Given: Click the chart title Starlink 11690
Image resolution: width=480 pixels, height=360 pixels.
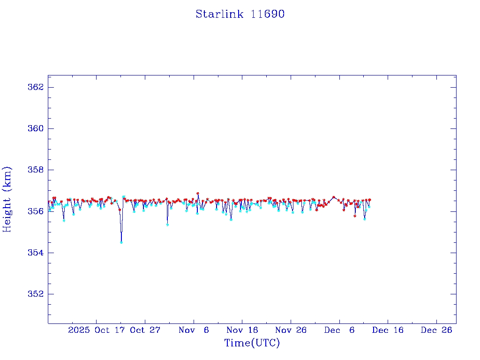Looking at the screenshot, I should point(240,14).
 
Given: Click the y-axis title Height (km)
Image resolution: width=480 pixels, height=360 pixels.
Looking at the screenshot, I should point(7,199).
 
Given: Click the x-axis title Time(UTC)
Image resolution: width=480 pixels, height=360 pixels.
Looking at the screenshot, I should point(252,343).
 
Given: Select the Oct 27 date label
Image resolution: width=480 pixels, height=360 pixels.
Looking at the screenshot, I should point(145,330).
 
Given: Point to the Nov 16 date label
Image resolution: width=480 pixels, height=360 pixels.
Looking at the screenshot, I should point(242,330).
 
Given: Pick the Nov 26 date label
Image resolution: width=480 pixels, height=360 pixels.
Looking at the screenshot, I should point(291,330).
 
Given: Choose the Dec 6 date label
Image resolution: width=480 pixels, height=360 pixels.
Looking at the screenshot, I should point(339,330).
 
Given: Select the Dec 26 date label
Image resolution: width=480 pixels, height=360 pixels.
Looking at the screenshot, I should point(436,330).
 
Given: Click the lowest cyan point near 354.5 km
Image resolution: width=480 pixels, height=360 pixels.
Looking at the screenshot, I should point(121,242).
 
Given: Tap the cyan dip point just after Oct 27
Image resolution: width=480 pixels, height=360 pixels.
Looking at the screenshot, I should point(167,225).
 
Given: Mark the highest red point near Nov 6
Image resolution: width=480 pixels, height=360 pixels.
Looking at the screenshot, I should point(198,193).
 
